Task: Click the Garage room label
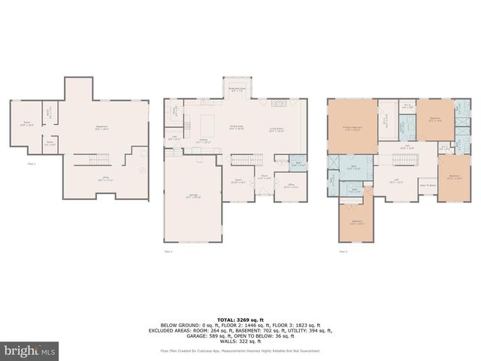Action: click(193, 197)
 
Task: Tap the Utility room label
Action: click(106, 179)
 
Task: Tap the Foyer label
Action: click(265, 177)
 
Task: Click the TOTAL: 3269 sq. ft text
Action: click(240, 320)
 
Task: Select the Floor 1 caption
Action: click(32, 163)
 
